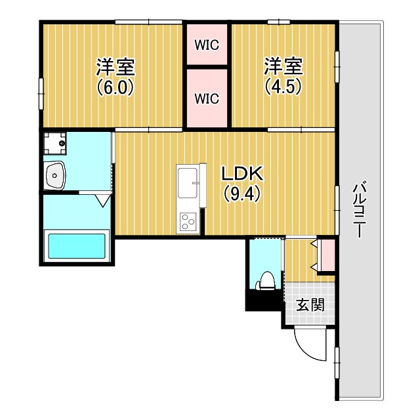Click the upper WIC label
[x=207, y=45]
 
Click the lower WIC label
[x=207, y=98]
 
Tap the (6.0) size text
[x=115, y=87]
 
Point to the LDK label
[x=242, y=173]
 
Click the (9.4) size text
[x=242, y=194]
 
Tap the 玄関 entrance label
[x=310, y=304]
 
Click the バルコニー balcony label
[x=359, y=209]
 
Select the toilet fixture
[x=266, y=281]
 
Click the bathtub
[x=77, y=246]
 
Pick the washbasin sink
[x=55, y=175]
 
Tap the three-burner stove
[x=188, y=222]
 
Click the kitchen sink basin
[x=188, y=183]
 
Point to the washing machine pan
[x=55, y=143]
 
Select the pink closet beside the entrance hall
[x=328, y=255]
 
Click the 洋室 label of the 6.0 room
[x=115, y=67]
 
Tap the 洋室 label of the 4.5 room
[x=283, y=66]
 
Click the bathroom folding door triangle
[x=103, y=201]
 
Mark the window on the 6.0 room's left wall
[x=41, y=94]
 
